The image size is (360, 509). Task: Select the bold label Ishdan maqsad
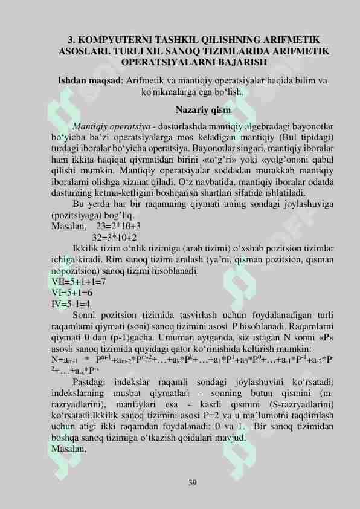click(x=89, y=80)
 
